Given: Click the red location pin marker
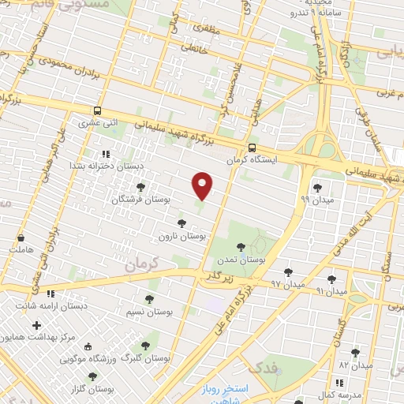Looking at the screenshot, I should click(204, 185).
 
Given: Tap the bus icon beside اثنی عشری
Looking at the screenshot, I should click(98, 111).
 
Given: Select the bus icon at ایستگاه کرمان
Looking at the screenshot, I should click(252, 148).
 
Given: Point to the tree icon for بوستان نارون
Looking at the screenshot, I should click(182, 223).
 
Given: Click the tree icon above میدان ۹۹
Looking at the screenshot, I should click(317, 188).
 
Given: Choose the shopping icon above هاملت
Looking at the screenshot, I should click(20, 238).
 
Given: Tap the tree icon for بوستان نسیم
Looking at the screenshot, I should click(150, 299).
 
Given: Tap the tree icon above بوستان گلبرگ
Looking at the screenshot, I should click(146, 345).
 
